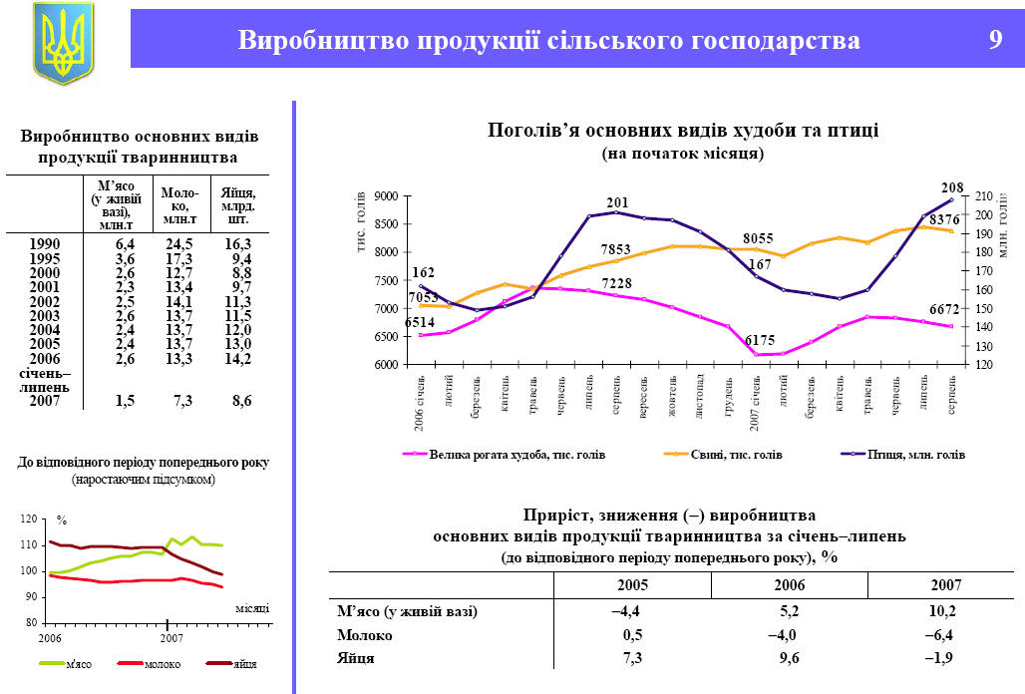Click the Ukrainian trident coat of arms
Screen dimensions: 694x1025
[63, 42]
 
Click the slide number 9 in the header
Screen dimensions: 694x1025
[994, 40]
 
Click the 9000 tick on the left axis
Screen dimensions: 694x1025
[386, 195]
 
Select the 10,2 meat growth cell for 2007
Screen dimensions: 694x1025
[943, 611]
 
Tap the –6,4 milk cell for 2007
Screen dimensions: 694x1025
[943, 634]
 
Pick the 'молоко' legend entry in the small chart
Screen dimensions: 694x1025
[163, 664]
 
